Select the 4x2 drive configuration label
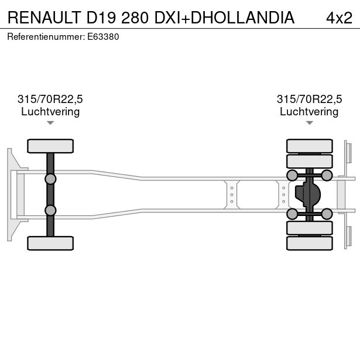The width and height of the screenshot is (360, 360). (x=339, y=18)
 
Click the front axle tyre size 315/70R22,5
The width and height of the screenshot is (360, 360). (x=50, y=99)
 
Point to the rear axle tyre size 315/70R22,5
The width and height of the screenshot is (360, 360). (x=309, y=99)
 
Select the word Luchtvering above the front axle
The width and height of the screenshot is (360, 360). (x=50, y=111)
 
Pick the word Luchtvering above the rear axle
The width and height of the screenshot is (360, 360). (x=309, y=111)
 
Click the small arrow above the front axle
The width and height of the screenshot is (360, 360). (x=50, y=123)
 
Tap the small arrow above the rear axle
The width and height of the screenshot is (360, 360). (x=309, y=123)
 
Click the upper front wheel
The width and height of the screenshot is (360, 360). (x=50, y=146)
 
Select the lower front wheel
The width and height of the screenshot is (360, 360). (x=50, y=243)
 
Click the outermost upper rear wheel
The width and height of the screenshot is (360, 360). (x=309, y=146)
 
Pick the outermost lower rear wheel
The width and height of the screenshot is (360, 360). (x=309, y=243)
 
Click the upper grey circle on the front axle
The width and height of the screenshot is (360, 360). (x=50, y=179)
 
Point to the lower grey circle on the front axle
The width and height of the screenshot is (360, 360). (x=50, y=210)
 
